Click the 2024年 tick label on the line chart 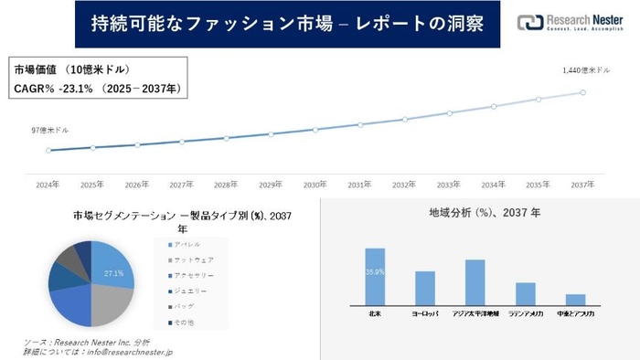[x=48, y=184]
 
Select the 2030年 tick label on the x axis [x=315, y=184]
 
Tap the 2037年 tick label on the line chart [x=583, y=184]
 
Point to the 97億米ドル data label [x=49, y=131]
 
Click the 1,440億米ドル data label [x=585, y=69]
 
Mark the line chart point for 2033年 [x=449, y=113]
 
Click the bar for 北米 [x=375, y=276]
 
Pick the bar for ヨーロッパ [x=425, y=288]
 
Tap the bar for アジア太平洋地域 [x=475, y=282]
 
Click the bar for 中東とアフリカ [x=575, y=300]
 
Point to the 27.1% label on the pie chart [x=113, y=273]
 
